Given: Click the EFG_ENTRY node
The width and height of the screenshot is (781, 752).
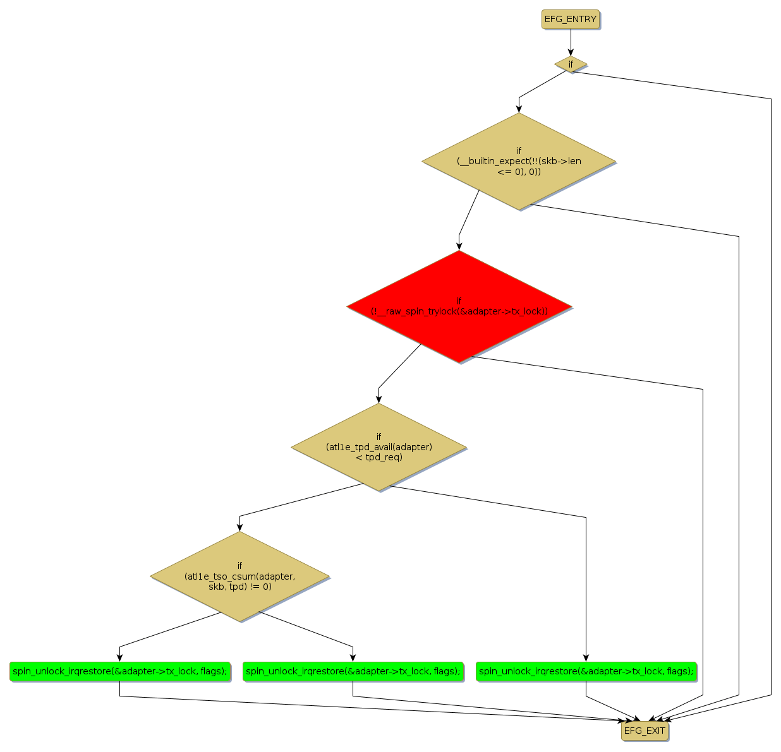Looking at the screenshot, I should pos(570,20).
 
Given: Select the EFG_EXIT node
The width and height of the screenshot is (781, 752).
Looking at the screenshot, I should pos(645,731).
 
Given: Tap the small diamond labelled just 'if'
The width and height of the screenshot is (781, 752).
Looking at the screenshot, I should pos(571,64).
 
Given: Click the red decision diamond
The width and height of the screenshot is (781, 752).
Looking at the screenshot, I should pos(459,307).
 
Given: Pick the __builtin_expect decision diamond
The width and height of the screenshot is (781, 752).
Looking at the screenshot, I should pos(519,161).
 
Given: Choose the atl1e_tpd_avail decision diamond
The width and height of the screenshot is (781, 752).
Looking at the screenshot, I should pos(378,447).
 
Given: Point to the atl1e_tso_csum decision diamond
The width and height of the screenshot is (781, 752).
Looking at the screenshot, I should pos(239,576).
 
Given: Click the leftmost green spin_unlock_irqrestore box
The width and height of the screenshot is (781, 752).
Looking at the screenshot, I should pos(119,671).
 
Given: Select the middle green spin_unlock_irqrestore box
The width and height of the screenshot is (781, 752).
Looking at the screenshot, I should pos(353,671).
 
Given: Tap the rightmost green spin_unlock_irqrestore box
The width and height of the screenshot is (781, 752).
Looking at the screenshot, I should pos(586,671).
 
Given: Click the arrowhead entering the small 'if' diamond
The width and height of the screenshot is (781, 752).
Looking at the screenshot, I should pos(571,52).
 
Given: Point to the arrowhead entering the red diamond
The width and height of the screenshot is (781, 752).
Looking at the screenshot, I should pos(459,246).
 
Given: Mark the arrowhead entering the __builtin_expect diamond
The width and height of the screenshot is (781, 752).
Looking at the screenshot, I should pos(519,109).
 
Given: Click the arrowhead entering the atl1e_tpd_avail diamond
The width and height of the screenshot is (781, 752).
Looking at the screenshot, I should pos(378,399).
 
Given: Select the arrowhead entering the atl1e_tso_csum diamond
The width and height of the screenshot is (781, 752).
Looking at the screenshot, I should pos(239,527).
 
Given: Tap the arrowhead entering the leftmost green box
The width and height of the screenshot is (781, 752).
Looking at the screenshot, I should pos(119,657).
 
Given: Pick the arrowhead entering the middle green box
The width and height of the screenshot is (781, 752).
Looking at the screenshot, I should pos(353,657).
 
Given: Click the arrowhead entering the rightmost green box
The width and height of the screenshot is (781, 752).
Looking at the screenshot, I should pos(586,657).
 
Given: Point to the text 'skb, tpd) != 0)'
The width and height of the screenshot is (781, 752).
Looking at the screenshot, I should pos(239,587).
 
